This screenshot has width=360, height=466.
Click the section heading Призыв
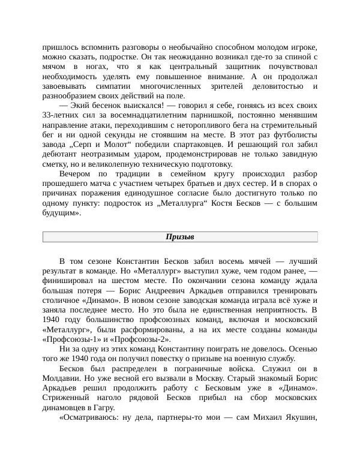pos(179,237)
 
